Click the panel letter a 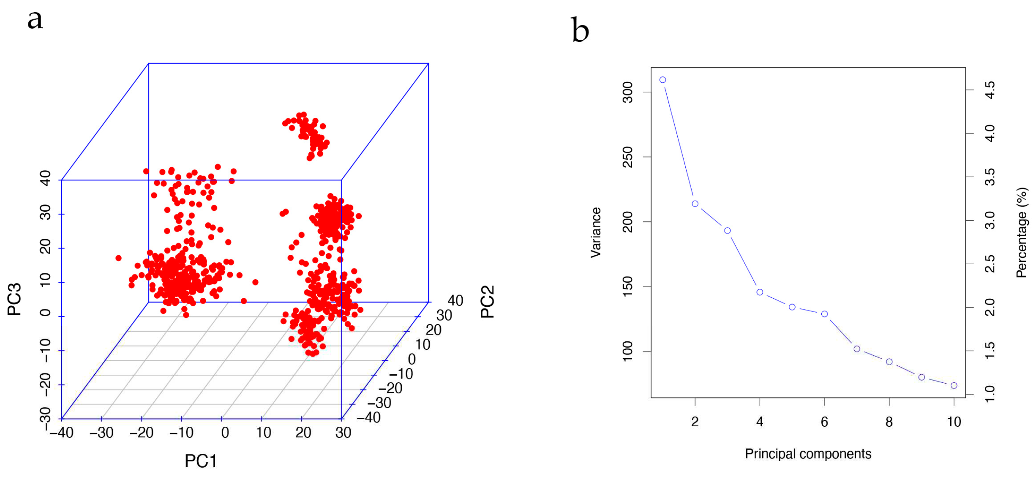point(35,20)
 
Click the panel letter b point(580,30)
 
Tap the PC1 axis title point(201,461)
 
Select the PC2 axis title point(487,301)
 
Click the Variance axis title point(595,232)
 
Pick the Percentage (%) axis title point(1021,232)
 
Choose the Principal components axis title point(808,454)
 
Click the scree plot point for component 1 point(662,80)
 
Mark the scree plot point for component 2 point(695,204)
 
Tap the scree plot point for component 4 point(760,292)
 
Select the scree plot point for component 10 point(954,385)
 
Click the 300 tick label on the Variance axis point(628,92)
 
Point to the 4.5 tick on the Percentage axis point(990,90)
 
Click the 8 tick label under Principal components point(889,422)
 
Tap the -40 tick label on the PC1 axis point(62,433)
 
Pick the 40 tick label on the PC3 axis point(45,178)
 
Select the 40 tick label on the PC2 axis point(455,300)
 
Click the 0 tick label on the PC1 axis point(225,433)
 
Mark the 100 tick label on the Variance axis point(628,351)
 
